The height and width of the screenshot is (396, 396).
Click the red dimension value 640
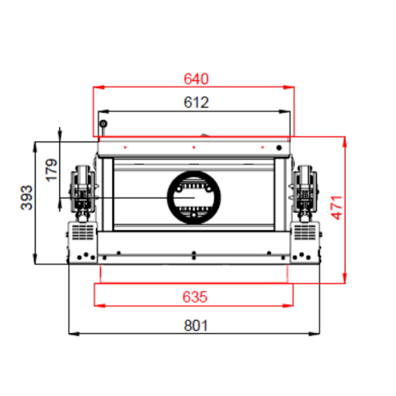point(196,79)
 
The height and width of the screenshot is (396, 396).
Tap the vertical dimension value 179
point(51,170)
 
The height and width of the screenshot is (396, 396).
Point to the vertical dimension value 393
point(27,197)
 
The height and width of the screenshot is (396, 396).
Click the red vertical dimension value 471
point(336,208)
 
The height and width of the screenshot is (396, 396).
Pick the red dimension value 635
point(195,297)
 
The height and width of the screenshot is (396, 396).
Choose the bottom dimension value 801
point(196,326)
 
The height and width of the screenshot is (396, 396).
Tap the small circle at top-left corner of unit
point(103,124)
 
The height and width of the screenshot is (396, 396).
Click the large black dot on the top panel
point(279,147)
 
